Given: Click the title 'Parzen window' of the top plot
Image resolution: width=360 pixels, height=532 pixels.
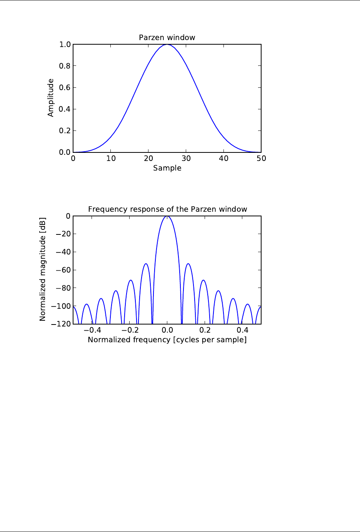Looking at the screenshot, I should coord(167,38).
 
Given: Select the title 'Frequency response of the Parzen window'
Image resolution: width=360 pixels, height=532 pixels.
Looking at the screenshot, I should coord(167,209).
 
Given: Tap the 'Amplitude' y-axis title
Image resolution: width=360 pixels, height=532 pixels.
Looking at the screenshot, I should coord(51,98).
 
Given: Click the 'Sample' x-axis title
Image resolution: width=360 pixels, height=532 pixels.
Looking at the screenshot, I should coord(167,168).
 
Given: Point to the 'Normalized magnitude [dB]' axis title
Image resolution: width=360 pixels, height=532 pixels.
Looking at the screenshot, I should coord(43,269).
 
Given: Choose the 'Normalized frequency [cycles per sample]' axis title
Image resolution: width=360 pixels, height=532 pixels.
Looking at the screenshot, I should coord(167,340).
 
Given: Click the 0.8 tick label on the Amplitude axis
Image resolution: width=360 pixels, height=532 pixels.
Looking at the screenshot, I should coord(65,66).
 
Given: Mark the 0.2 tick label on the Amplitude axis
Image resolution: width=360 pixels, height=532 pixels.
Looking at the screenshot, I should coord(65,131).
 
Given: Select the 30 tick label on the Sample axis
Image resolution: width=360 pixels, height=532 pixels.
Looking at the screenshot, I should coord(186,159).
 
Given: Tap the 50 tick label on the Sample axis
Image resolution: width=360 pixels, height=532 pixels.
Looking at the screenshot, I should coord(261,159).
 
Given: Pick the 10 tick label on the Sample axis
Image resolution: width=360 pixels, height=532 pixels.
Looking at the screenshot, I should coord(111,159).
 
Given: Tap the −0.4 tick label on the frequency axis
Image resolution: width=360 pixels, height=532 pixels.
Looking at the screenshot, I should coord(92,330).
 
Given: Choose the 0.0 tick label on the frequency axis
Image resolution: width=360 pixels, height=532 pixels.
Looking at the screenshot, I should coord(167,330).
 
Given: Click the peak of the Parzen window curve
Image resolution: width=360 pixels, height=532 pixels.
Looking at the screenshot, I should coord(167,45).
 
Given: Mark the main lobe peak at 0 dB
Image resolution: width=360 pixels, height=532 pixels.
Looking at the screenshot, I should coord(167,216).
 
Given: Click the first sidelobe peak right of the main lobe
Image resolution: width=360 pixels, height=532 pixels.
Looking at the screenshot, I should coord(188,264).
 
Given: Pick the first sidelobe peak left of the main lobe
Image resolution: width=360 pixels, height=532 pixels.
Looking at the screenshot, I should coord(146,264).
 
